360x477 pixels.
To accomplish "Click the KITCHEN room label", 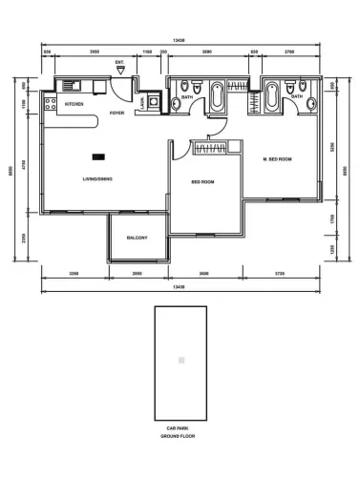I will point(74,103).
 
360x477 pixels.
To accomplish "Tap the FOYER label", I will point(116,114).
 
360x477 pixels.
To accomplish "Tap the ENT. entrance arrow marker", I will point(119,71).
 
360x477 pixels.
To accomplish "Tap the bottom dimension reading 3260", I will point(74,274).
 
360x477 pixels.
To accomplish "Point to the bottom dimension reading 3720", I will point(279,274).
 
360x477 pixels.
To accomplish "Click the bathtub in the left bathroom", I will point(217,96).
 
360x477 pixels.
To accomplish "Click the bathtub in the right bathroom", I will point(273,96).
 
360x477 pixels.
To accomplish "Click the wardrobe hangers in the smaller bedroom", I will point(208,147).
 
